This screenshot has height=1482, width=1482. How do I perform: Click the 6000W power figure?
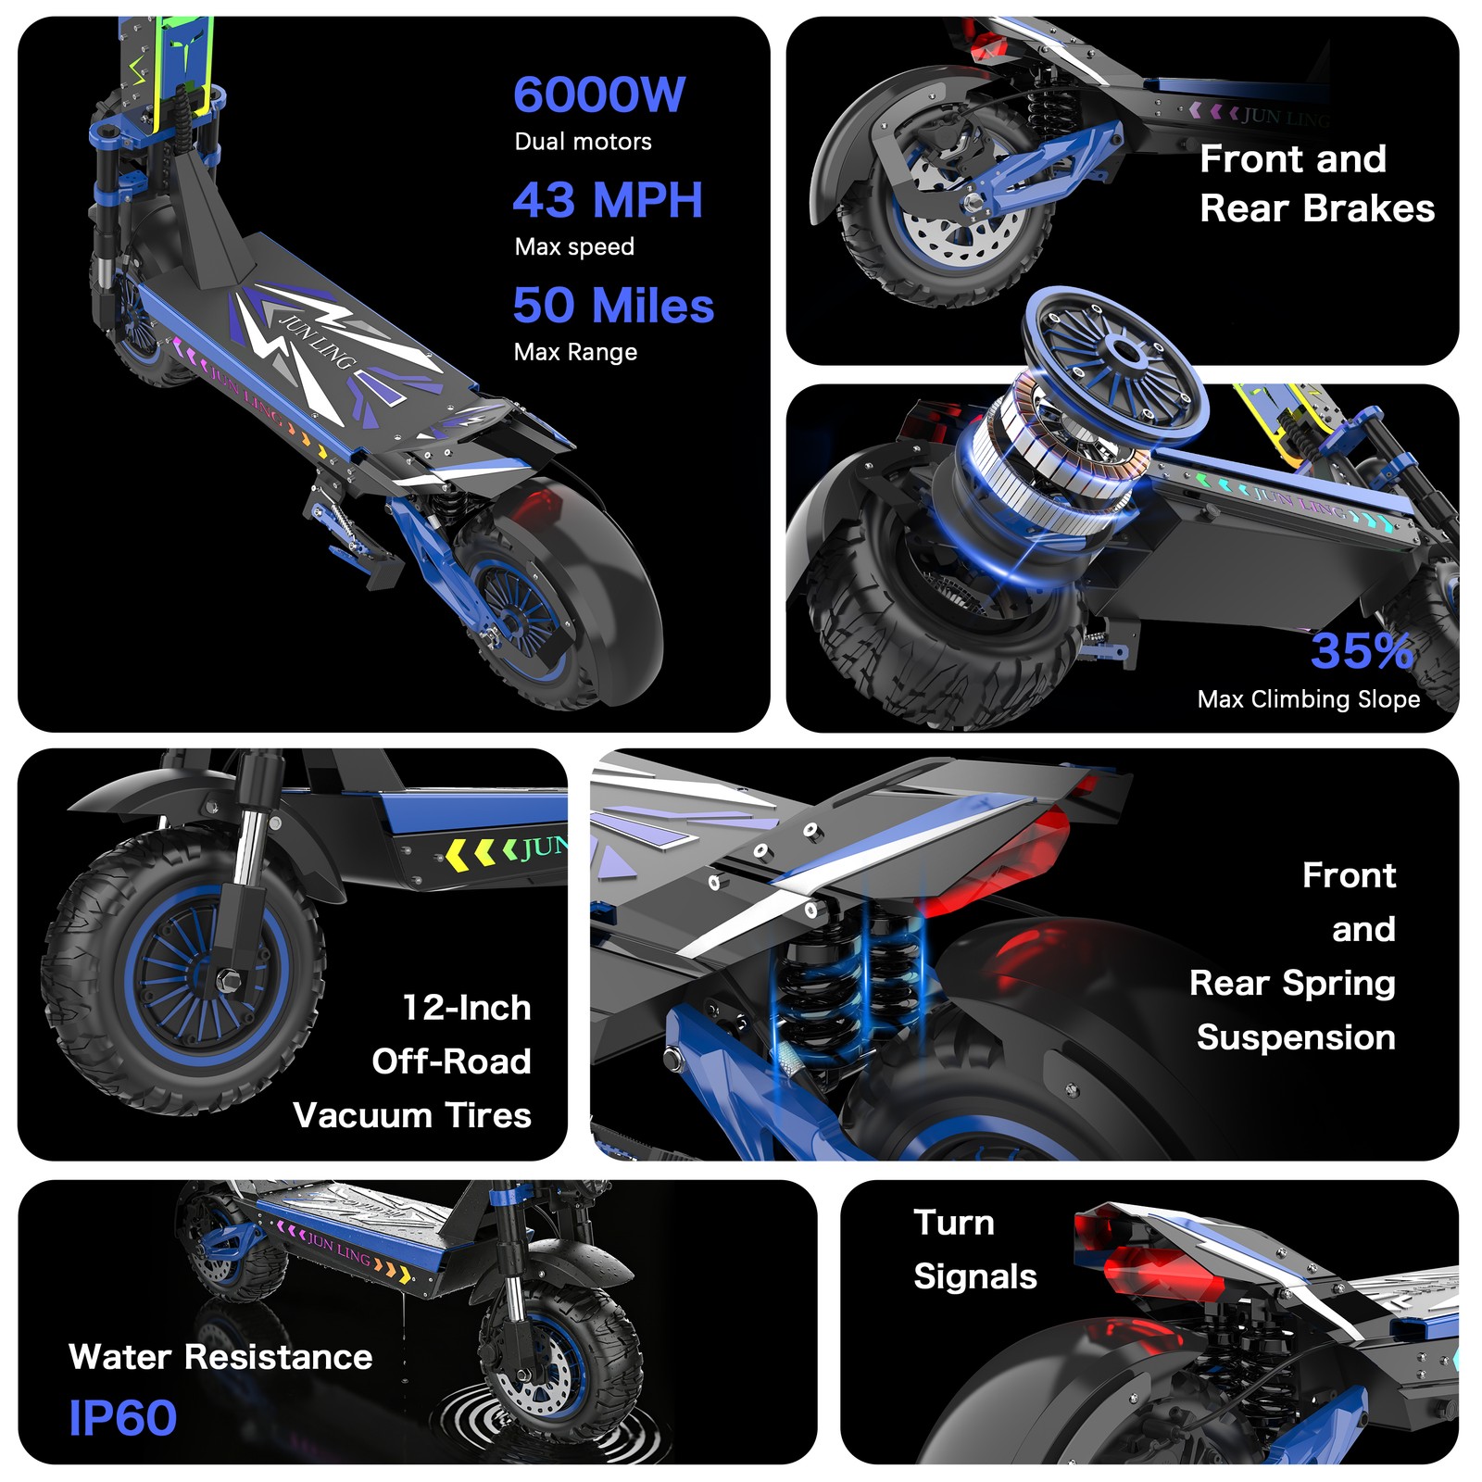click(599, 94)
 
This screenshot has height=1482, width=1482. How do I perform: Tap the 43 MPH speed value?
click(608, 200)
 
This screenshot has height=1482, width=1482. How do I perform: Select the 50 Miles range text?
click(613, 306)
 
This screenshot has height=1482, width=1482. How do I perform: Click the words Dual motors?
click(583, 142)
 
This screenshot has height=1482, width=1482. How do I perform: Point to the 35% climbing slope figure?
click(1362, 650)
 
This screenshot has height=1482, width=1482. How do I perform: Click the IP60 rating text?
click(122, 1418)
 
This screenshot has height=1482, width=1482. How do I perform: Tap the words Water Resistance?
click(220, 1357)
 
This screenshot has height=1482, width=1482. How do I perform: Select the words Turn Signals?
click(974, 1250)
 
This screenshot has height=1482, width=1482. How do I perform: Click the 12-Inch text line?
click(467, 1008)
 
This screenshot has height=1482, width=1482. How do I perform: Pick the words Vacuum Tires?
click(412, 1115)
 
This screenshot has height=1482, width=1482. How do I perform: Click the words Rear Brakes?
click(1317, 208)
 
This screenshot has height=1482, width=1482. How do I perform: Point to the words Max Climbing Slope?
click(1308, 699)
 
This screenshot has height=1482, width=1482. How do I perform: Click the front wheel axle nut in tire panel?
click(226, 978)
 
